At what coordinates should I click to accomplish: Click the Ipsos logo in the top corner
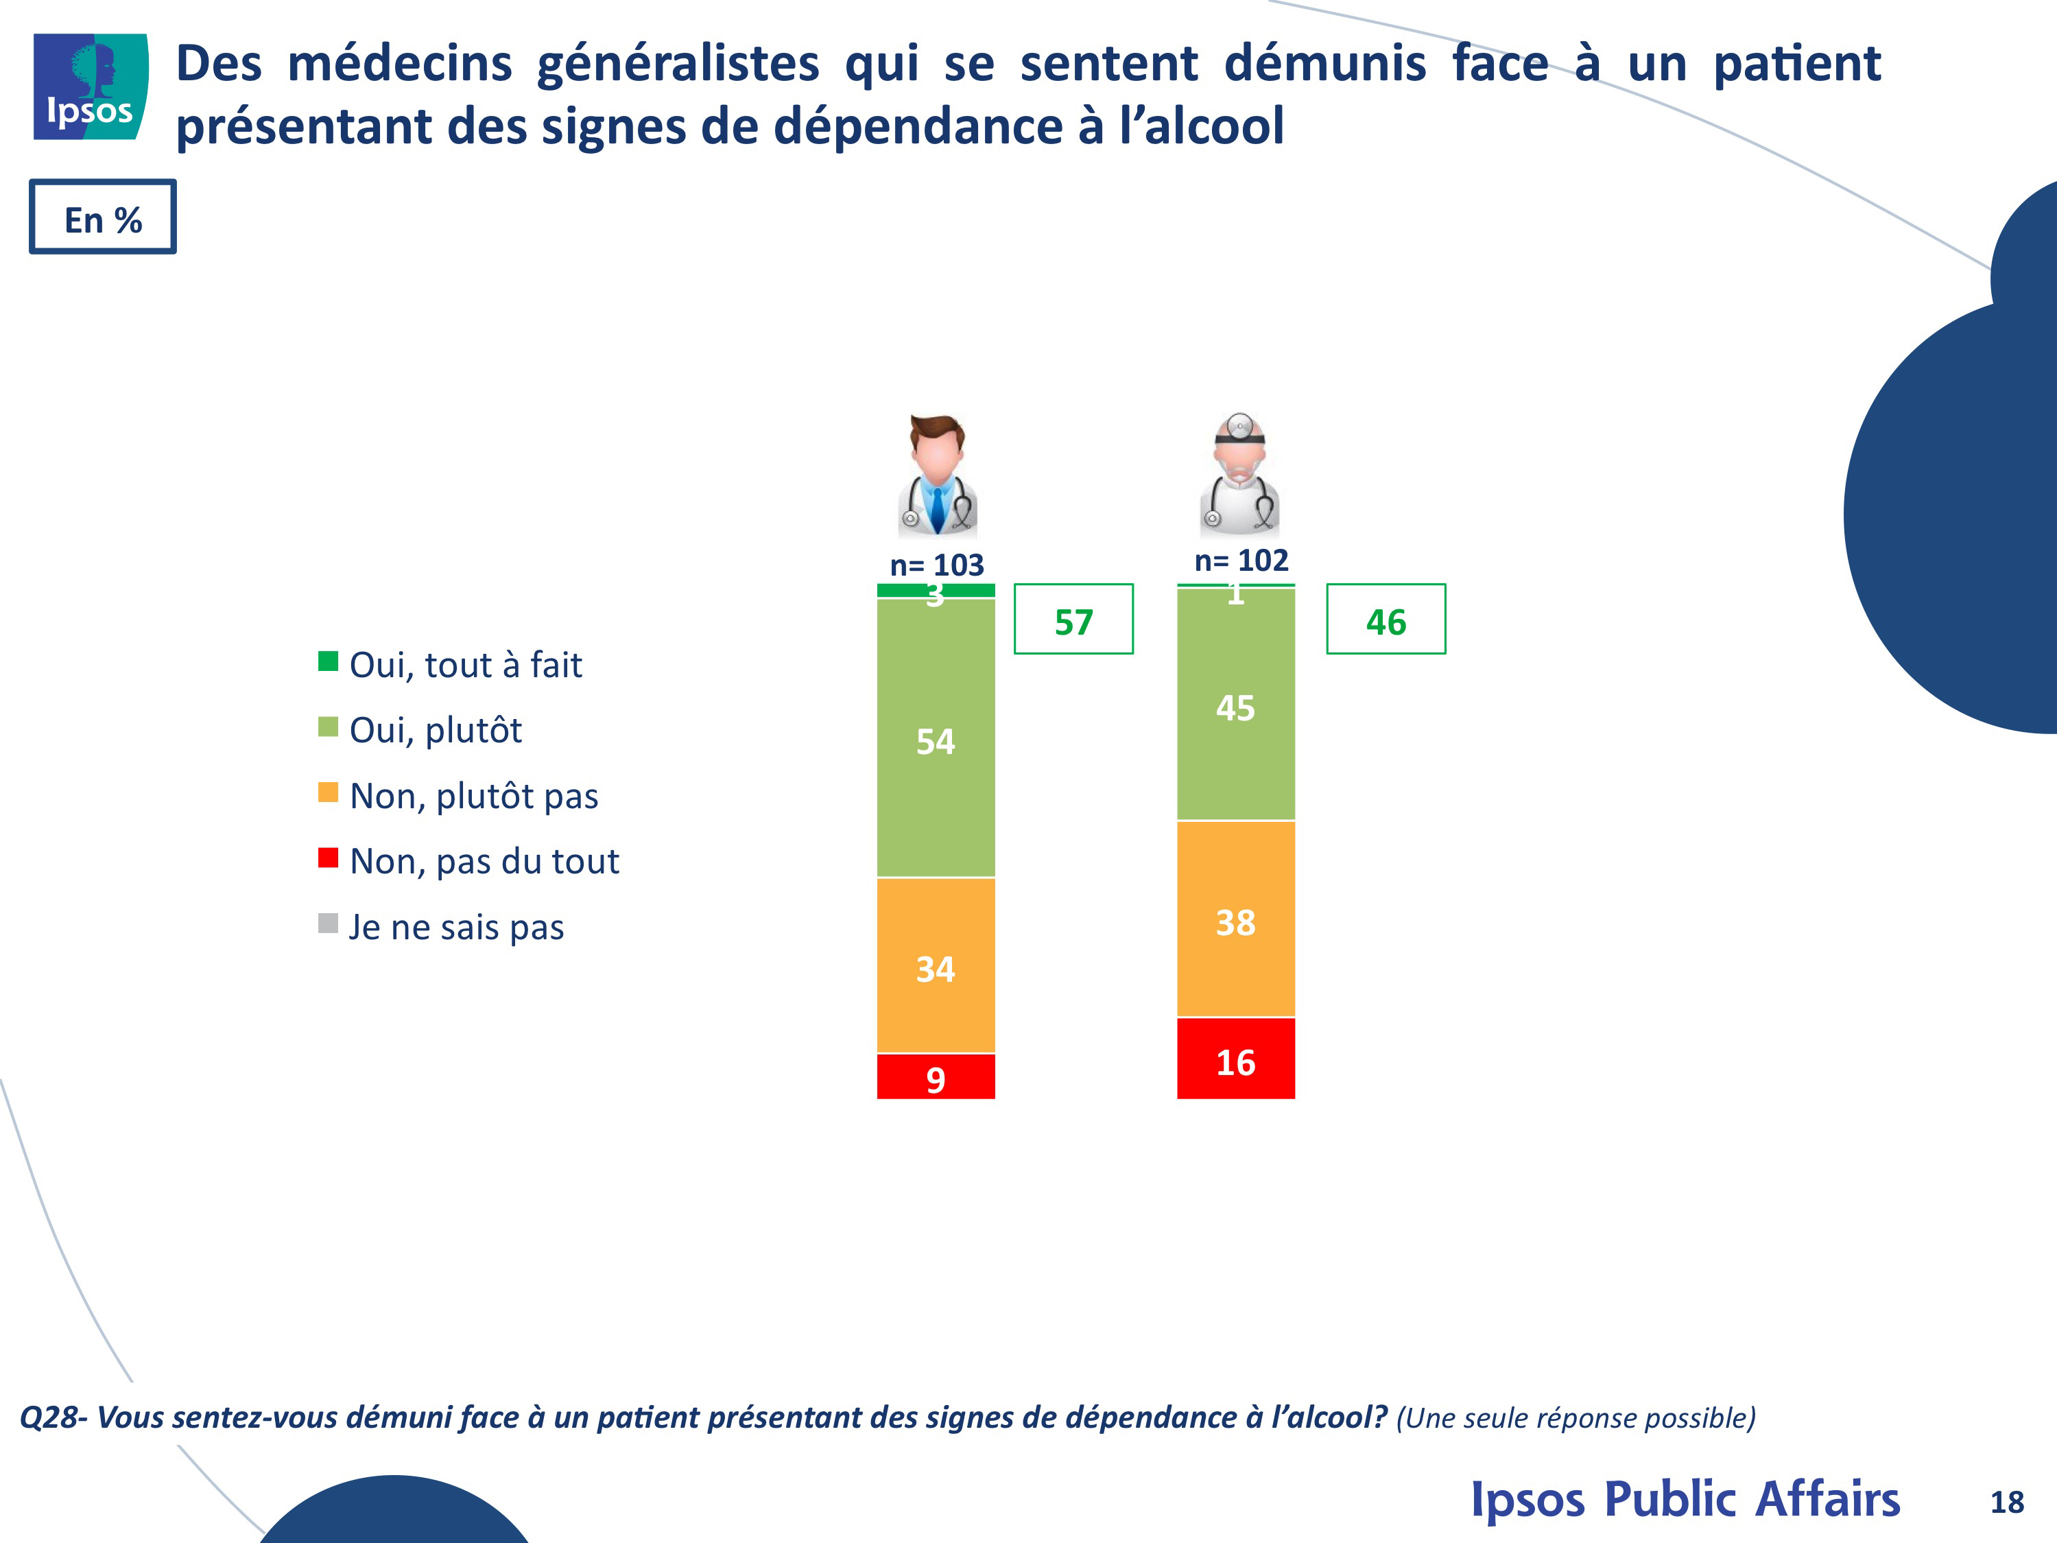coord(91,86)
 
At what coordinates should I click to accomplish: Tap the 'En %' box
coord(102,217)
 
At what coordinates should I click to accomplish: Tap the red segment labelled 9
coord(936,1077)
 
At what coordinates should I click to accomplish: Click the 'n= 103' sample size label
coord(936,565)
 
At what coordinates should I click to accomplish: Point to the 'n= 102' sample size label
coord(1241,560)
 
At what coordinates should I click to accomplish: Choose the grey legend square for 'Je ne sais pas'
coord(327,923)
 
